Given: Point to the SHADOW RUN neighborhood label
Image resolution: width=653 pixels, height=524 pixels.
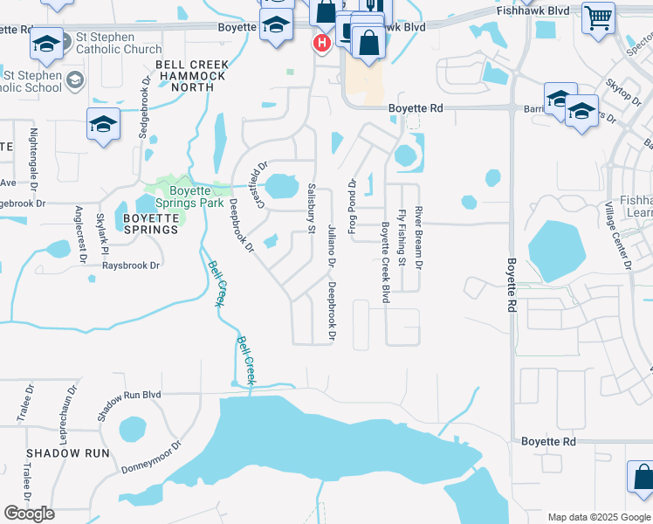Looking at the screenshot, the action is pyautogui.click(x=68, y=453).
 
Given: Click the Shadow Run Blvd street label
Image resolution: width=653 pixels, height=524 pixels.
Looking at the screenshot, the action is pyautogui.click(x=128, y=407).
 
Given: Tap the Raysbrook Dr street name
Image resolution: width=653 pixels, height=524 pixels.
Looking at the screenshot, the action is pyautogui.click(x=131, y=265).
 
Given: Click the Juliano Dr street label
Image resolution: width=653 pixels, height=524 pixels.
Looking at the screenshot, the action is pyautogui.click(x=332, y=245).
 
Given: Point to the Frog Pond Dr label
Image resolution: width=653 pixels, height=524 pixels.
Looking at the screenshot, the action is pyautogui.click(x=353, y=207).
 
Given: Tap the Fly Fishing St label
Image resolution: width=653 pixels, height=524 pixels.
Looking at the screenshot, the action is pyautogui.click(x=402, y=238).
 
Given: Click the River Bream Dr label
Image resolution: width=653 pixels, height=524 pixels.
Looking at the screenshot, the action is pyautogui.click(x=419, y=238).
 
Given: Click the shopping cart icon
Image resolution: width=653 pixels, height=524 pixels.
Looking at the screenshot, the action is pyautogui.click(x=599, y=17).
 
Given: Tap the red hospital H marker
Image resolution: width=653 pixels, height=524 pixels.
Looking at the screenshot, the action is pyautogui.click(x=321, y=41).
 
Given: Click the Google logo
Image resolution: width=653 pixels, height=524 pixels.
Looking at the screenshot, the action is pyautogui.click(x=29, y=514).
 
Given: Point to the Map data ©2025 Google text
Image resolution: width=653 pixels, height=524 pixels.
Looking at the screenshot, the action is pyautogui.click(x=598, y=517).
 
